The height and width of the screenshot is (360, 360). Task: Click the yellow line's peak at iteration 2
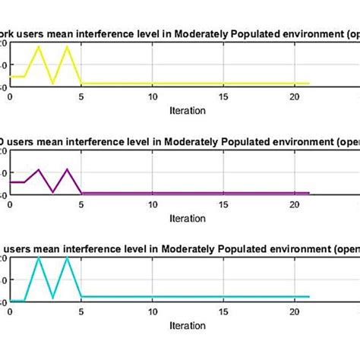[39, 47]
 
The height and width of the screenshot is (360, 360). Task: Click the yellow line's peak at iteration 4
[67, 47]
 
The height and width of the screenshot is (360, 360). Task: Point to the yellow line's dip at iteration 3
[52, 84]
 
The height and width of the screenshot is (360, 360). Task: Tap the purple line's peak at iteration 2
[39, 169]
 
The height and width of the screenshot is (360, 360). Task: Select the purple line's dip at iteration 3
[52, 191]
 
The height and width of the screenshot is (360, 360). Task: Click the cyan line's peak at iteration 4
[67, 258]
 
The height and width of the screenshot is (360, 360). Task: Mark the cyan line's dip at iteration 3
[52, 297]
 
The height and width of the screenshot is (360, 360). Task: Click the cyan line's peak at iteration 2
[39, 258]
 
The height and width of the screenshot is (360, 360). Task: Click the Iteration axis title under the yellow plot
[188, 110]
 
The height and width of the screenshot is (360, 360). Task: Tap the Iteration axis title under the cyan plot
[188, 325]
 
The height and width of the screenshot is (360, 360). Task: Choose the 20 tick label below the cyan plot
[295, 312]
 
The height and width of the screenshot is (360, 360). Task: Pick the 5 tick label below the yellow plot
[81, 97]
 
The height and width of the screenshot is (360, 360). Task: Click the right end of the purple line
[309, 193]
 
